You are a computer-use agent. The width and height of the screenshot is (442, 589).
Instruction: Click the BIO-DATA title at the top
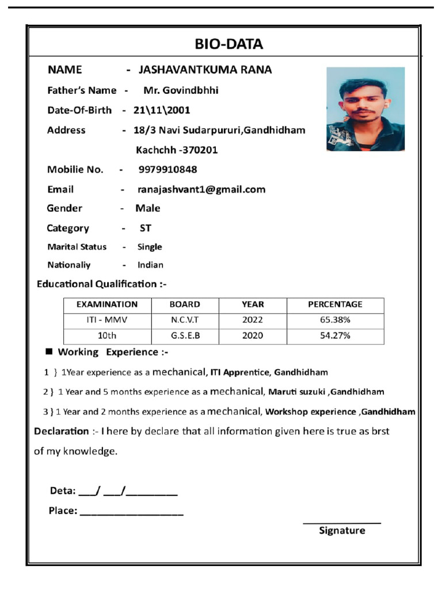tap(228, 44)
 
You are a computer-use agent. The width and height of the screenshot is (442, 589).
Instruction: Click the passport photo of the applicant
tap(365, 109)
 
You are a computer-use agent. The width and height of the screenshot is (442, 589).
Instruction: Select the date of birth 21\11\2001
tap(162, 110)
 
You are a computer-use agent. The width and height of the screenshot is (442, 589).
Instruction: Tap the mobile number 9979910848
tap(167, 169)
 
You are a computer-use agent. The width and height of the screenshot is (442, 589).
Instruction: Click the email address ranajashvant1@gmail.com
tap(201, 189)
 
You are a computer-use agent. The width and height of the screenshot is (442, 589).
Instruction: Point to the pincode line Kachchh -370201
tap(177, 150)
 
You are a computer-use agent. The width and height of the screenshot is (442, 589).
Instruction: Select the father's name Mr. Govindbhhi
tap(181, 90)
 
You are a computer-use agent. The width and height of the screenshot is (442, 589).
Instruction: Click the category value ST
tap(146, 228)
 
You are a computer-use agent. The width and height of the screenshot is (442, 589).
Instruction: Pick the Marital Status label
tap(77, 247)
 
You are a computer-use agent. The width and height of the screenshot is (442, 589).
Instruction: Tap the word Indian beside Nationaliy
tap(150, 265)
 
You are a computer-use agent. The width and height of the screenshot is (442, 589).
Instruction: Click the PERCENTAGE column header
tap(335, 304)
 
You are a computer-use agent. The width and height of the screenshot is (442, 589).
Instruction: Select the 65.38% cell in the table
tap(335, 320)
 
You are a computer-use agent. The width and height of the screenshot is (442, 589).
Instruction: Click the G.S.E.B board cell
tap(185, 336)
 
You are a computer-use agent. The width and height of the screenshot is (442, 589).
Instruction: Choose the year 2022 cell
tap(253, 320)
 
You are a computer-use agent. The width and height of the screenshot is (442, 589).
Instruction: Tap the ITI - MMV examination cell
tap(107, 320)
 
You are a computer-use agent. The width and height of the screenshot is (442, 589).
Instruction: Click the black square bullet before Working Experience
tap(49, 351)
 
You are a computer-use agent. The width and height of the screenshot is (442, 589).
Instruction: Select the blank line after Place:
tap(132, 512)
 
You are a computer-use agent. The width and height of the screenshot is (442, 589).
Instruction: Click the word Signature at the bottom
tap(342, 530)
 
